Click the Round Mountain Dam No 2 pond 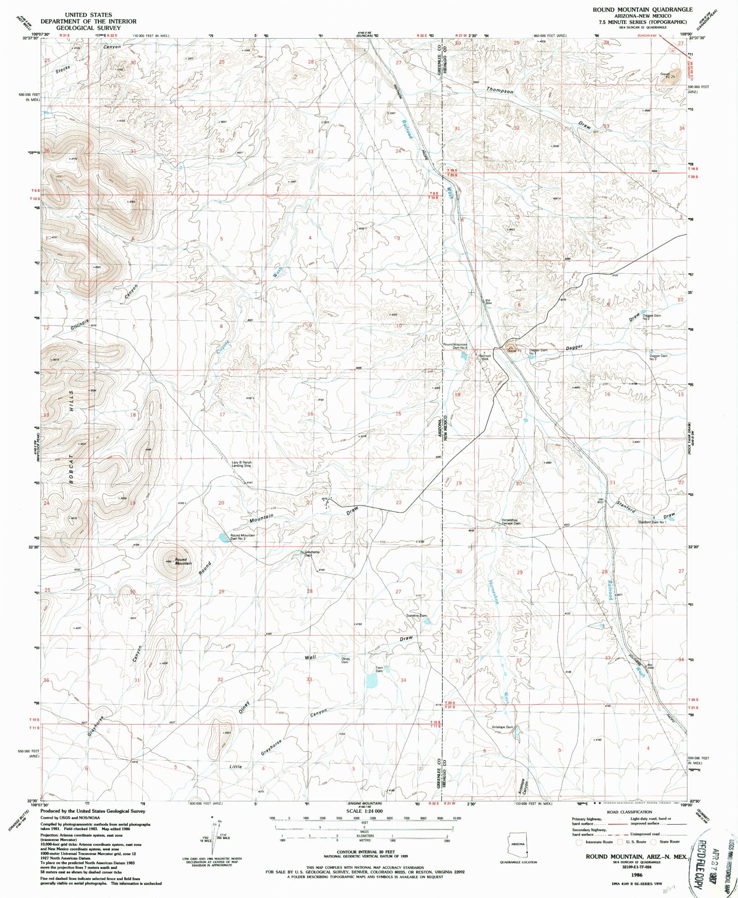click(223, 537)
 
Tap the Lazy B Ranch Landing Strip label click(242, 464)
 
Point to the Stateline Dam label click(416, 616)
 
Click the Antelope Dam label click(502, 727)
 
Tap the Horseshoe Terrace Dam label click(511, 522)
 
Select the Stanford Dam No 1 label click(652, 522)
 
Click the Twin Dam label click(379, 669)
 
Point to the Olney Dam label click(345, 660)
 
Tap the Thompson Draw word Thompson click(500, 91)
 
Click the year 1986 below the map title click(637, 874)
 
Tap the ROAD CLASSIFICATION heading click(630, 812)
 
